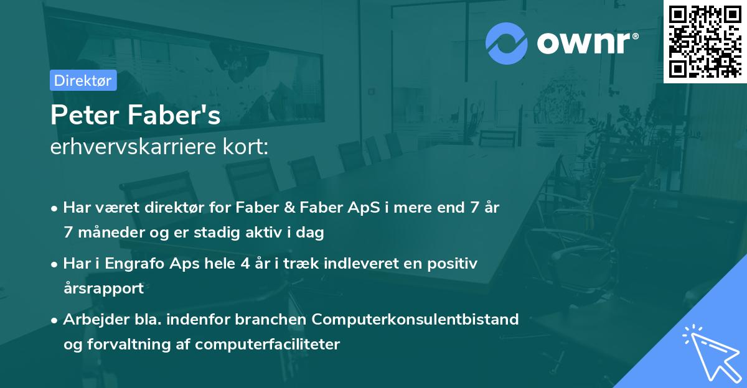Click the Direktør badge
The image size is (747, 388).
83,80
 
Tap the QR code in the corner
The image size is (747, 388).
705,42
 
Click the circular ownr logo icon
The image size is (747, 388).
505,42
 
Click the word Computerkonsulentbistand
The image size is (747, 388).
415,320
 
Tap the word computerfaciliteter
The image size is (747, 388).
267,344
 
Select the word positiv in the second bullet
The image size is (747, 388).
454,264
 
